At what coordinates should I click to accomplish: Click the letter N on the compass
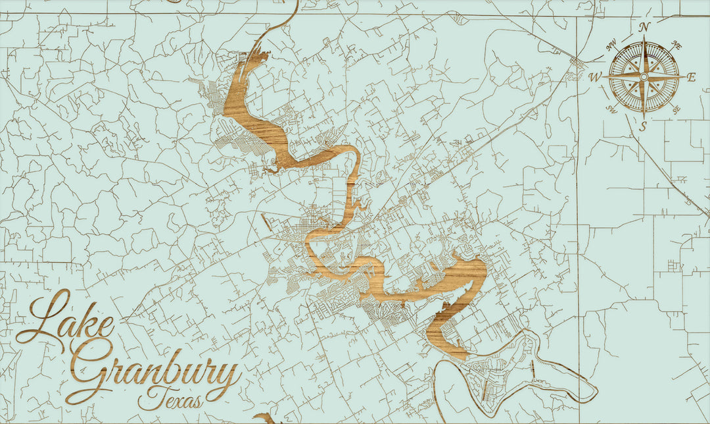click(x=645, y=27)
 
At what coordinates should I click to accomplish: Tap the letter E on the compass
click(x=691, y=77)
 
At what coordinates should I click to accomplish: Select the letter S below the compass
click(x=644, y=126)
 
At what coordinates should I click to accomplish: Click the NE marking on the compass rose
click(x=676, y=45)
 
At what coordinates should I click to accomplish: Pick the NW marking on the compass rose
click(x=612, y=47)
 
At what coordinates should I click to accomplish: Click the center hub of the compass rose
click(x=644, y=77)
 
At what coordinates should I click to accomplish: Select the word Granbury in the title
click(x=154, y=375)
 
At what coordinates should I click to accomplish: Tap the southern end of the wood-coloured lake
click(x=460, y=356)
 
